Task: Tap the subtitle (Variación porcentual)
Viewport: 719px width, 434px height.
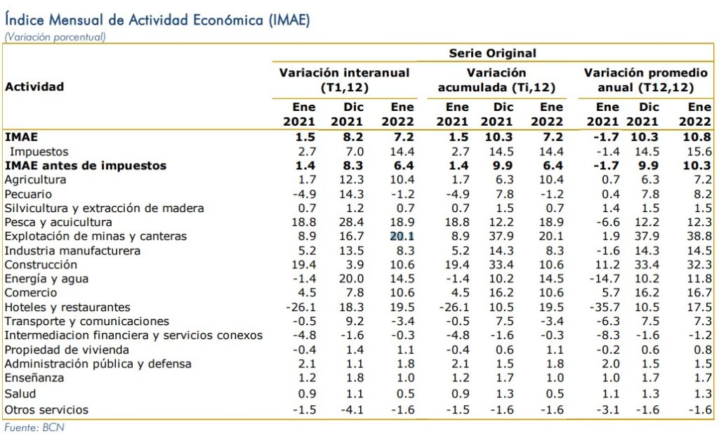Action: (x=55, y=37)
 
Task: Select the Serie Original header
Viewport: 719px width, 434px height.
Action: (x=492, y=53)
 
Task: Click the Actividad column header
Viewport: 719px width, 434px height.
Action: (x=34, y=86)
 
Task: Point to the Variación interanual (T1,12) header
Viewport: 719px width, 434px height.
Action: (x=344, y=80)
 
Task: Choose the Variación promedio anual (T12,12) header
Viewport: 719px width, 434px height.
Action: (x=646, y=80)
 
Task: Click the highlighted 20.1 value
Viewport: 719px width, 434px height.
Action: (x=402, y=236)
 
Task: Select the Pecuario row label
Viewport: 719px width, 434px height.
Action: (x=28, y=194)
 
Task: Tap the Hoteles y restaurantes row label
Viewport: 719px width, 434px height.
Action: (x=67, y=307)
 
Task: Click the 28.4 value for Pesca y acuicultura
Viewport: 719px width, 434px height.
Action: (x=351, y=222)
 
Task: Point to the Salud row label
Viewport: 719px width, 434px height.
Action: (x=20, y=394)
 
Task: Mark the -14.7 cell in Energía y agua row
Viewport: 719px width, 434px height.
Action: (x=605, y=279)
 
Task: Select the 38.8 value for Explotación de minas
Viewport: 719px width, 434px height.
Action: (x=699, y=236)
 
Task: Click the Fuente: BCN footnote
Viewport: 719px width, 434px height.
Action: (x=34, y=428)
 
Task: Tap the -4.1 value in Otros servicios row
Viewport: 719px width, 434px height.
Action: (x=352, y=409)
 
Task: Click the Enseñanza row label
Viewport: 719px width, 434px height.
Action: (x=34, y=378)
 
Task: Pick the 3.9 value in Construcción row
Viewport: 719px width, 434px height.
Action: (x=355, y=265)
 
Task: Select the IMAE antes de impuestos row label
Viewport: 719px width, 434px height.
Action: (x=86, y=166)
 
